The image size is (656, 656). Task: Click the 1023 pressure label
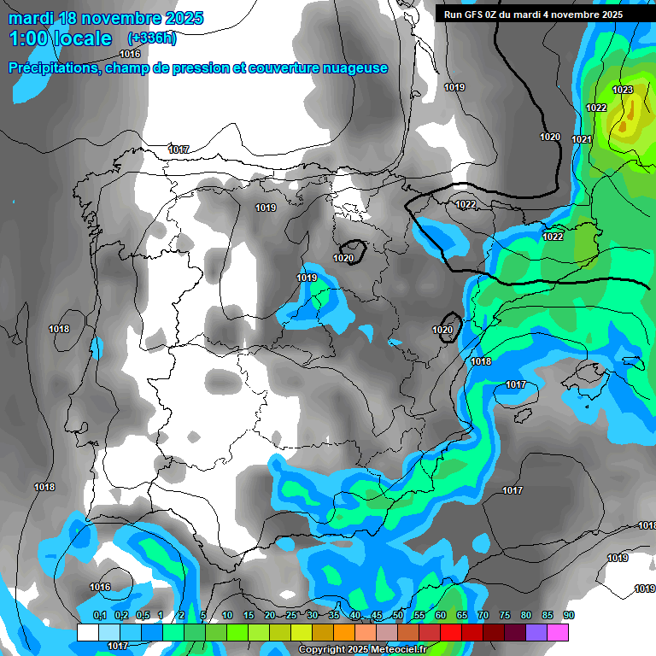pos(623,90)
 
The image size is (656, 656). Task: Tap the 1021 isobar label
pos(582,139)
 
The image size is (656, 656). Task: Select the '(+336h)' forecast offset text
pos(151,38)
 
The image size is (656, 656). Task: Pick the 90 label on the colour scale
pos(569,615)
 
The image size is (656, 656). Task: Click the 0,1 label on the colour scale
pos(99,615)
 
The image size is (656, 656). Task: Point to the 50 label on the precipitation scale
pos(398,615)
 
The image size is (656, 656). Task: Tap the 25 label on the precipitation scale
pos(291,615)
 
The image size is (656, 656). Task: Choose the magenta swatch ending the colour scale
pos(558,632)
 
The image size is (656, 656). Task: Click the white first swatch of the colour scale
pos(88,632)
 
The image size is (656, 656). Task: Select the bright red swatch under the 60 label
pos(451,632)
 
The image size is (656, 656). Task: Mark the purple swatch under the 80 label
pos(536,632)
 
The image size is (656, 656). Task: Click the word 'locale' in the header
pos(81,38)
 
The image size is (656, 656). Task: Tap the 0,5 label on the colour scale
pos(143,615)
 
